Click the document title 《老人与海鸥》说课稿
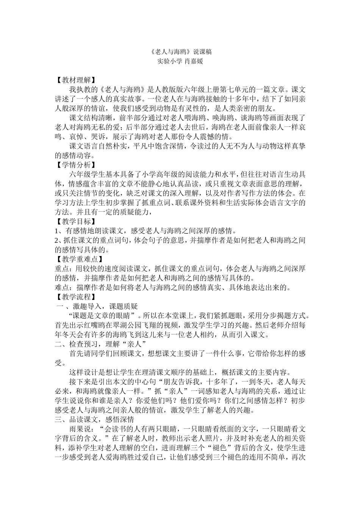click(x=180, y=52)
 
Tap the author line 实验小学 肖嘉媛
click(x=180, y=61)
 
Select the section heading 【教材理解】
click(x=75, y=80)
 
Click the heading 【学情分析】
click(x=75, y=165)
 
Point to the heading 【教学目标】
click(x=75, y=221)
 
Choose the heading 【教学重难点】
click(x=78, y=259)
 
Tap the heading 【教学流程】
click(x=75, y=297)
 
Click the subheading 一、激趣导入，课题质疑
click(x=97, y=306)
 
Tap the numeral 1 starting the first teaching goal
click(x=57, y=231)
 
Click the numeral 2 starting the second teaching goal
click(x=57, y=240)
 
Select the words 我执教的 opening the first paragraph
click(x=84, y=90)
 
